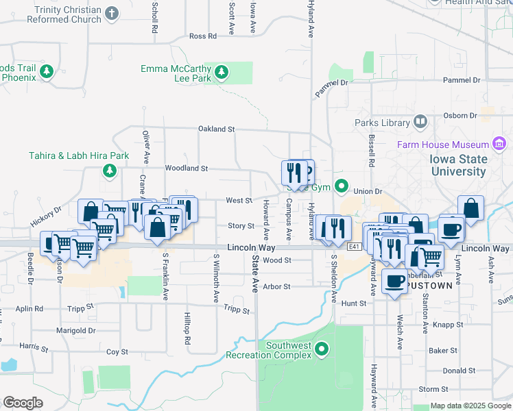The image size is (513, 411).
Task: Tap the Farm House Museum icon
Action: [499, 144]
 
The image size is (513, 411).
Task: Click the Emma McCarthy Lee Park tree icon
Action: [221, 72]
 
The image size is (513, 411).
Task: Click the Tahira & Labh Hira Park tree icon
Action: [108, 170]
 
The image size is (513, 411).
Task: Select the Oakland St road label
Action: [216, 129]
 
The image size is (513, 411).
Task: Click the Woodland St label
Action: [186, 168]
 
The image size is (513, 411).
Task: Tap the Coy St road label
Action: [117, 351]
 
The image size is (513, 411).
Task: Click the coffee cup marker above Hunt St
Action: [394, 280]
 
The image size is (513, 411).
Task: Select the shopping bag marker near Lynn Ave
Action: [471, 208]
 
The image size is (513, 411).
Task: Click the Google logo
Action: [23, 403]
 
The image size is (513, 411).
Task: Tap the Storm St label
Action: [433, 389]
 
